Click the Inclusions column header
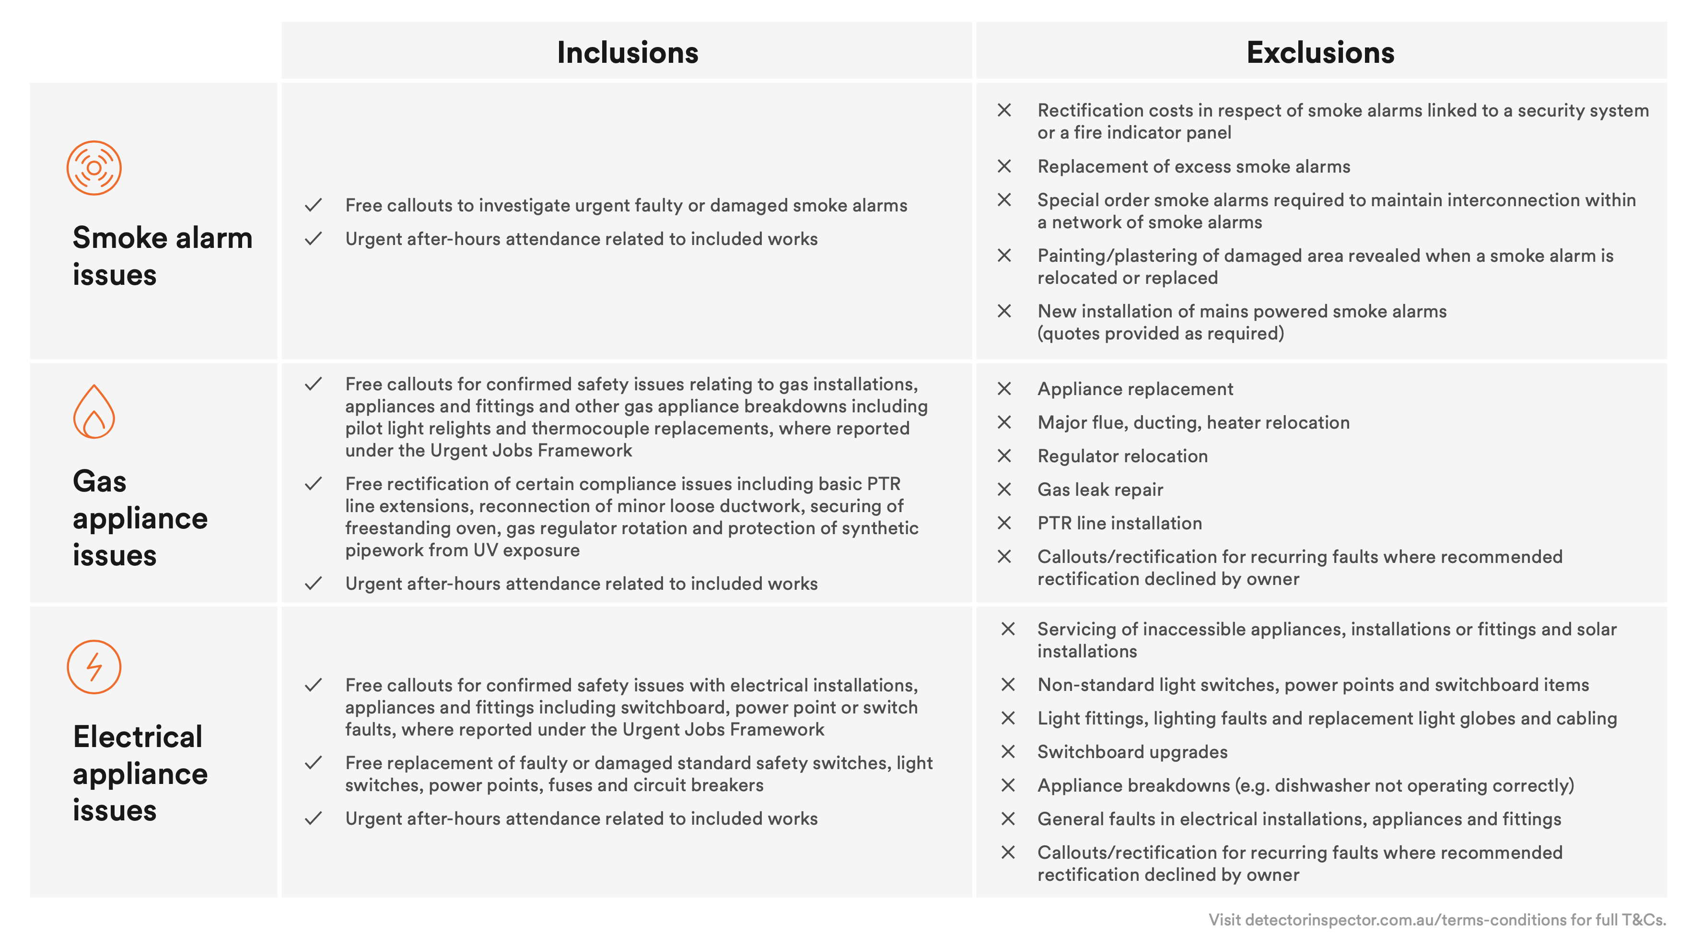pos(627,52)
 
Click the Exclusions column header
pos(1319,52)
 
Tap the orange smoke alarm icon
pos(94,168)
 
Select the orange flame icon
pos(94,412)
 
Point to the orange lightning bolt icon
pos(94,666)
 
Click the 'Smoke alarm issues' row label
pos(162,256)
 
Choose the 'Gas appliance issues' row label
pos(140,517)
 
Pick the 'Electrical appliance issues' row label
pos(140,772)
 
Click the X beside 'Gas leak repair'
pos(1003,489)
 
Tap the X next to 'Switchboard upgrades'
pos(1008,751)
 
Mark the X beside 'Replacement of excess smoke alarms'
pos(1003,166)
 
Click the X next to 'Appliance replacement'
pos(1003,388)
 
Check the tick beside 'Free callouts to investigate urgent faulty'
pos(313,205)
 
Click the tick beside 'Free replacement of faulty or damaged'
pos(313,762)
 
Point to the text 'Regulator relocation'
pos(1122,456)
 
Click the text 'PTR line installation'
pos(1119,523)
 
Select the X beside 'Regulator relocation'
pos(1003,456)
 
